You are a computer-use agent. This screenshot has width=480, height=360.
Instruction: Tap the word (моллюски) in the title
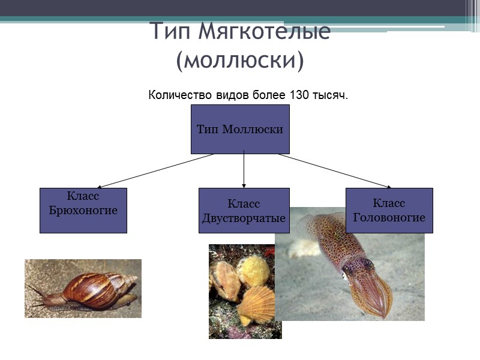click(240, 60)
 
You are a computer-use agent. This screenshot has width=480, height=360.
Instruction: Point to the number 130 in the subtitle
click(300, 95)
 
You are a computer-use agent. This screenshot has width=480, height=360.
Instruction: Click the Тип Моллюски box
click(240, 129)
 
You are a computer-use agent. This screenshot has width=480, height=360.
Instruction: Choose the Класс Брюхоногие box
click(83, 210)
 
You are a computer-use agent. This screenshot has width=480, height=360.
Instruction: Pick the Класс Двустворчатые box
click(244, 210)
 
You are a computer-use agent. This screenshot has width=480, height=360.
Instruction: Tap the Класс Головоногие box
click(389, 210)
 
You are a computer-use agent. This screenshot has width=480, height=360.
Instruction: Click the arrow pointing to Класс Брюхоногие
click(156, 171)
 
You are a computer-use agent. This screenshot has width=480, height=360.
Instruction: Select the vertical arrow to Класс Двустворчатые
click(244, 171)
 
